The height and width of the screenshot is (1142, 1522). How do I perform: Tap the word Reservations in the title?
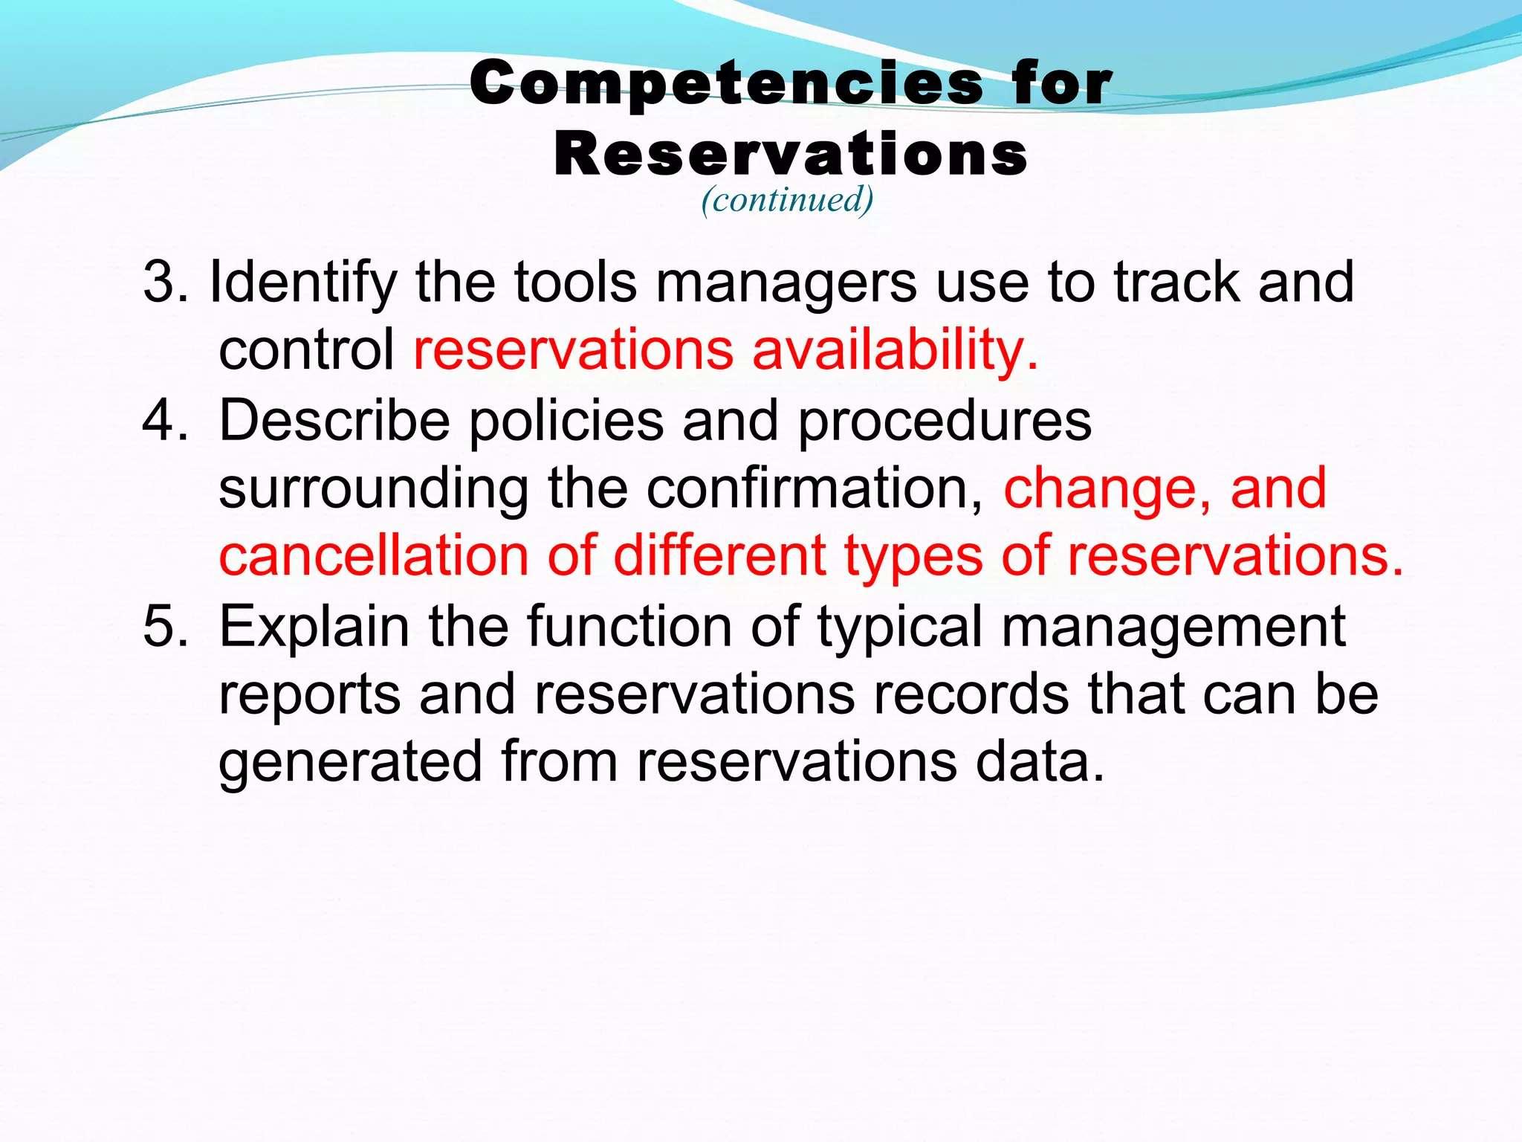(x=791, y=155)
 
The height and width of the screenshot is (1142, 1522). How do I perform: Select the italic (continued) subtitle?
(x=787, y=199)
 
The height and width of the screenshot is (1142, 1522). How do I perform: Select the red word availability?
(x=895, y=350)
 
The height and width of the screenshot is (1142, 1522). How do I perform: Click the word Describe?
(x=334, y=421)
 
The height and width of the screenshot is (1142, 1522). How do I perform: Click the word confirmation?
(x=815, y=489)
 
